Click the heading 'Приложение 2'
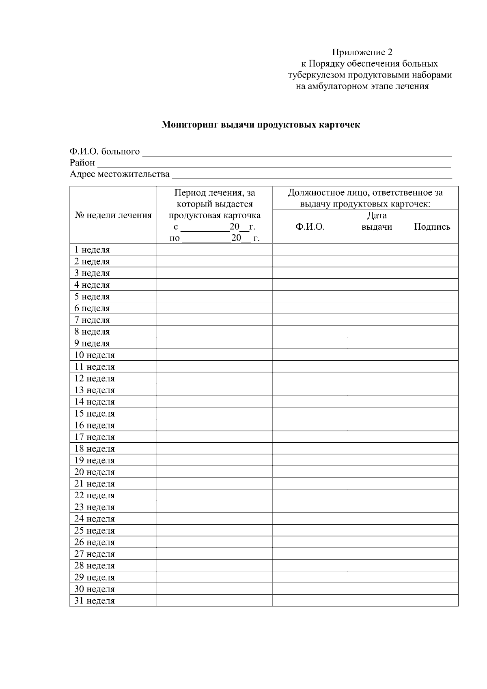pos(362,52)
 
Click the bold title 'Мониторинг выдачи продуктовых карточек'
pos(261,125)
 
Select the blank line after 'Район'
pos(274,164)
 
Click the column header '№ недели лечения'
pos(113,215)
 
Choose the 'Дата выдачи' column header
pos(377,221)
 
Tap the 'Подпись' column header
pos(432,227)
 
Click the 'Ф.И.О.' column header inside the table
pos(310,227)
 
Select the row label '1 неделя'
pos(92,250)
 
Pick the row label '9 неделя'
pos(92,343)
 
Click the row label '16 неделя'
pos(95,425)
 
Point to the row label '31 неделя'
pos(95,601)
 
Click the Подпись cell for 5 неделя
pos(432,297)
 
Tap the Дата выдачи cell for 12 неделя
pos(377,379)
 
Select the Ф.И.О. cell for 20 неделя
pos(310,472)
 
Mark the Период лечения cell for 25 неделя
pos(214,530)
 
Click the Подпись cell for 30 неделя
pos(432,589)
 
